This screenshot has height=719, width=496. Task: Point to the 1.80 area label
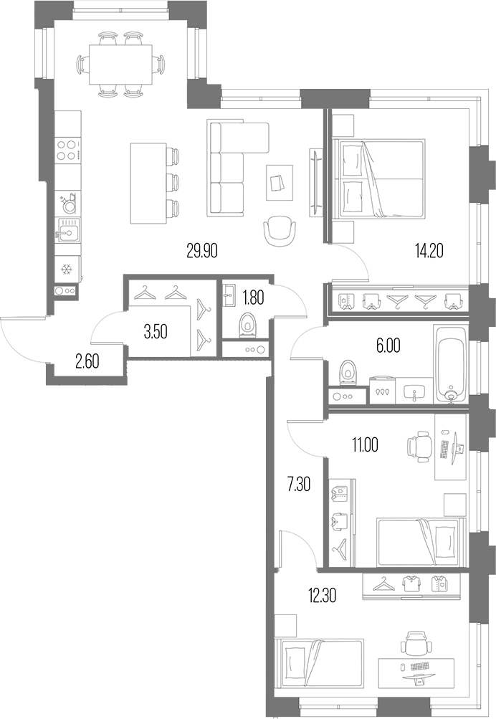click(253, 296)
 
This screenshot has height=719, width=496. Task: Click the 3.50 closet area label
click(157, 332)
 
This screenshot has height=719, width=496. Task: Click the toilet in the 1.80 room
click(247, 325)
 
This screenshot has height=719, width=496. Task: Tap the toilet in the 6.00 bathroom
click(348, 371)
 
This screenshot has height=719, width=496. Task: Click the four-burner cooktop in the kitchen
click(68, 150)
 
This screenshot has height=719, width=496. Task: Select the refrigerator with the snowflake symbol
click(67, 270)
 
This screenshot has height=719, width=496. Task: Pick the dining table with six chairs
click(120, 63)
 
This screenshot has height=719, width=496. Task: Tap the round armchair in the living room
click(280, 229)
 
